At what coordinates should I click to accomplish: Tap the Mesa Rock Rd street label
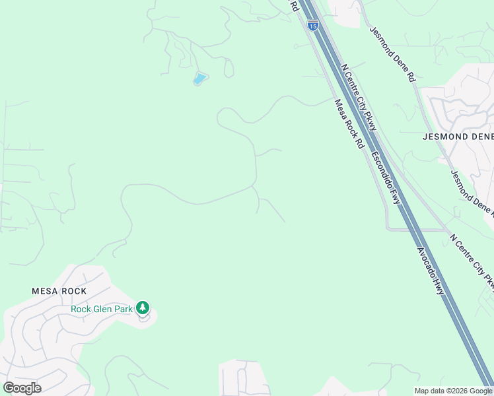[349, 124]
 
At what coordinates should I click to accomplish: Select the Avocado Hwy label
[430, 270]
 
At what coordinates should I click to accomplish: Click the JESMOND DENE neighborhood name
[458, 137]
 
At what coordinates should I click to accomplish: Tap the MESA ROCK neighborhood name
[59, 291]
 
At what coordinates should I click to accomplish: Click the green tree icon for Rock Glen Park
[143, 308]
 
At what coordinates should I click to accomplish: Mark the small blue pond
[199, 79]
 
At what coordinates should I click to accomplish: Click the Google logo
[22, 388]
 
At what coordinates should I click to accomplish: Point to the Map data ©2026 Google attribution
[453, 391]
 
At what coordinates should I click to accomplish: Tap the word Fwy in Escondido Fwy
[396, 194]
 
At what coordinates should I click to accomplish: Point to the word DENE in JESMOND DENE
[478, 137]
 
